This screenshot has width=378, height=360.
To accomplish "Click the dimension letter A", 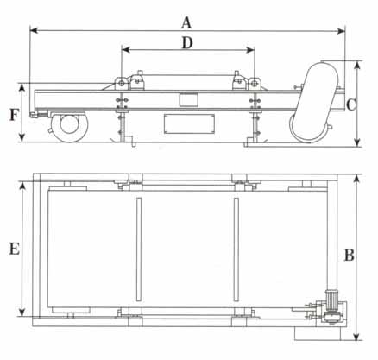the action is point(186,23).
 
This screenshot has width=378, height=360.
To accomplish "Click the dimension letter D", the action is point(187,43).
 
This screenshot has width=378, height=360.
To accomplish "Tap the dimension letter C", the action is point(351,104).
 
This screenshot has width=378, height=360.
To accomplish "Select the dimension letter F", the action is point(15,115).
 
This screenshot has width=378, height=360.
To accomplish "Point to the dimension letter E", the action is point(15,249).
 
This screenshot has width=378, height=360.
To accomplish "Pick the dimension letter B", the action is point(350,255).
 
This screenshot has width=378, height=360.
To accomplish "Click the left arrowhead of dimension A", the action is point(34,30).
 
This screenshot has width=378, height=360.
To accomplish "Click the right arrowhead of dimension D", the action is point(251,50).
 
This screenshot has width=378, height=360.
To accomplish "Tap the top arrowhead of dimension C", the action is point(357,65).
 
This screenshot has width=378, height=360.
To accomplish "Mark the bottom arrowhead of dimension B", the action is point(356,337).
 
